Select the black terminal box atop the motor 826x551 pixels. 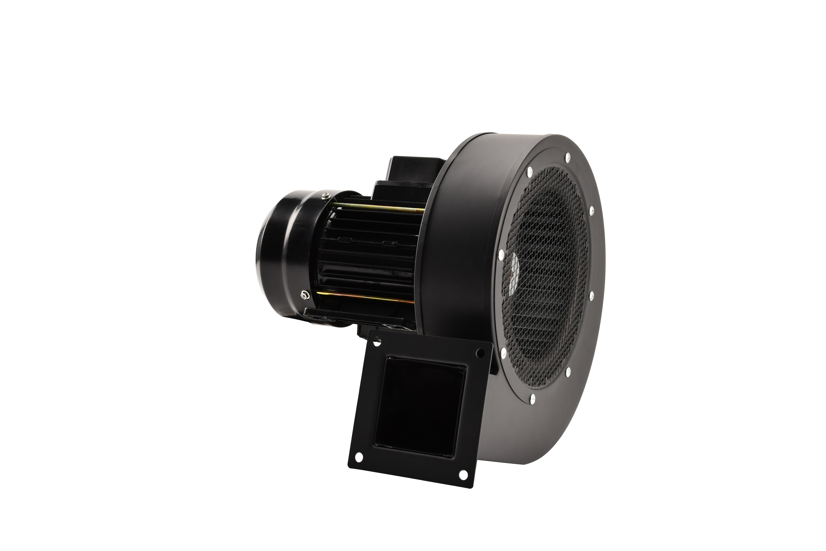414,172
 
